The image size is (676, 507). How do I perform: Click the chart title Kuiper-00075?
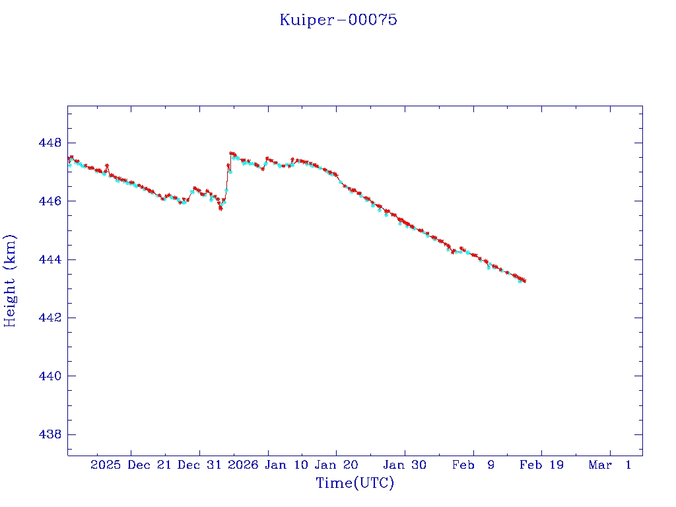[338, 20]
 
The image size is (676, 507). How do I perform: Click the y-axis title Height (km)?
[10, 281]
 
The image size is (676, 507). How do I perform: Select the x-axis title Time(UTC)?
[355, 483]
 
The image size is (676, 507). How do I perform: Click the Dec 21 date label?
[150, 465]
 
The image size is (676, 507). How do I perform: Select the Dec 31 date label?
[201, 465]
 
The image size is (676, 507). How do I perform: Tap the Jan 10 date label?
[286, 465]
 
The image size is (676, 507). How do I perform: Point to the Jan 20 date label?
[337, 465]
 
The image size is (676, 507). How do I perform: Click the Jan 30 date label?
[405, 465]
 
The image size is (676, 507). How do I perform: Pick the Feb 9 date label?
[474, 465]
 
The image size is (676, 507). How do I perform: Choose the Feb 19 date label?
[542, 465]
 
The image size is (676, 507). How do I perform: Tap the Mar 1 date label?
[611, 465]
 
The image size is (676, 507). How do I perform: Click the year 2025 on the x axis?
[106, 465]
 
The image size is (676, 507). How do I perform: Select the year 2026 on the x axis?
[243, 465]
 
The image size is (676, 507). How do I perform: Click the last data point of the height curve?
[524, 281]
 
